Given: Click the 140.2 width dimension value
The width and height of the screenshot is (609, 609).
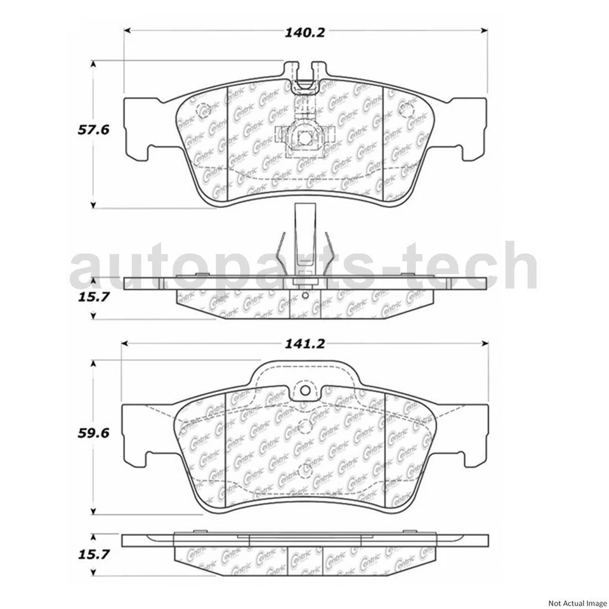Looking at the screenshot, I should pyautogui.click(x=304, y=32).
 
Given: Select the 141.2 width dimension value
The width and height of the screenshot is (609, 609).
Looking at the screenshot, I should pyautogui.click(x=304, y=344).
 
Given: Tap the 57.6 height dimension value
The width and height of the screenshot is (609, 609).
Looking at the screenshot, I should pyautogui.click(x=94, y=130).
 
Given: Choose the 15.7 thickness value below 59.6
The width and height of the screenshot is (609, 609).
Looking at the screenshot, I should pyautogui.click(x=94, y=554).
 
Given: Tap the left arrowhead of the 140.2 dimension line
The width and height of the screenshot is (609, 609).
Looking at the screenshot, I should pyautogui.click(x=127, y=30).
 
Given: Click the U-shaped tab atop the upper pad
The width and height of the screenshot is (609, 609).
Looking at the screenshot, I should pyautogui.click(x=303, y=73).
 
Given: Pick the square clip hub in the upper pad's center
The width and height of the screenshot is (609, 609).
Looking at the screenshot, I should pyautogui.click(x=303, y=136).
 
